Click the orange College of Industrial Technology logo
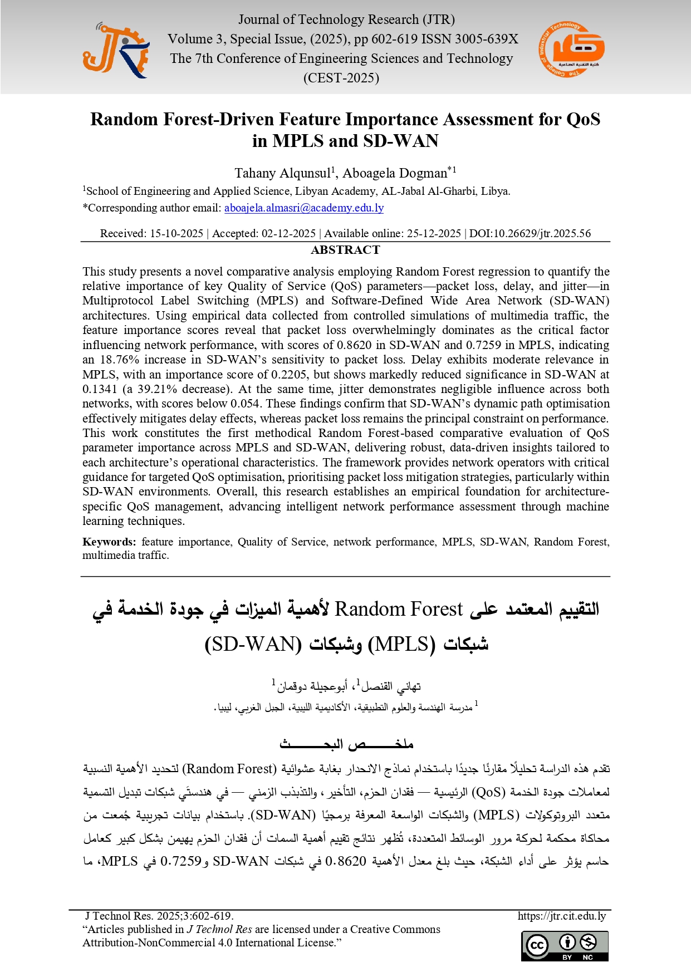click(572, 50)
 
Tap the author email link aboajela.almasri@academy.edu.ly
click(304, 208)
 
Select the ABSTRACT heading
click(345, 250)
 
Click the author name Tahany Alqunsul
click(283, 173)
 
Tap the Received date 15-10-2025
click(177, 233)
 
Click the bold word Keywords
click(109, 542)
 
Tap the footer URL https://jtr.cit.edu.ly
click(561, 916)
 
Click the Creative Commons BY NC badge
click(565, 946)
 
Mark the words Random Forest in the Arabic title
click(399, 609)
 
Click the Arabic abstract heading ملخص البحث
click(346, 744)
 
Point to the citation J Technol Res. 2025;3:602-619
click(159, 916)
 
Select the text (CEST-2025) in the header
click(341, 78)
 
